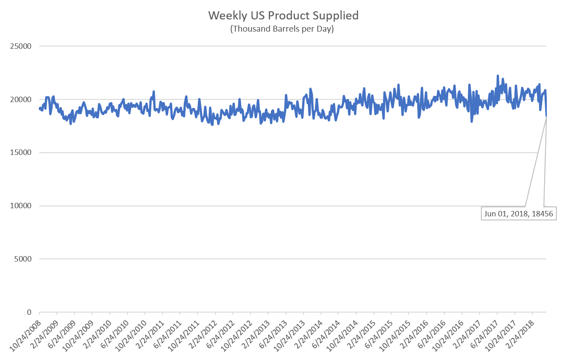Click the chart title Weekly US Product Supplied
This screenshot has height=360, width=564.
click(283, 15)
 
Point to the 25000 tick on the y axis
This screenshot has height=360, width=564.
click(23, 46)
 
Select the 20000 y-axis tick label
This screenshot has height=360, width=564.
click(23, 99)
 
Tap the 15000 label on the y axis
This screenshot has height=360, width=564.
click(23, 153)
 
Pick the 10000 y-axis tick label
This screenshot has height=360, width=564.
click(23, 206)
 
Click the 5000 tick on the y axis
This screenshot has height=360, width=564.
click(24, 259)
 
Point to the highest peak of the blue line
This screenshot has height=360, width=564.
click(498, 76)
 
